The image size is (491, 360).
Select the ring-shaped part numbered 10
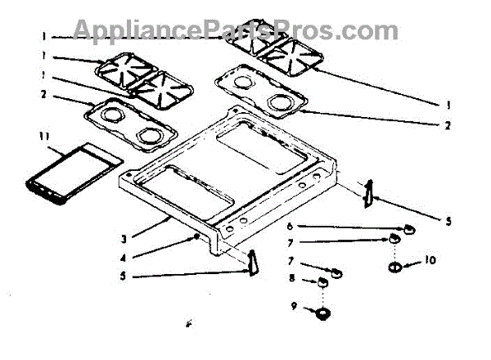[x=394, y=268]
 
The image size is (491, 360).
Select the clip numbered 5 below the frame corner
[x=252, y=263]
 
